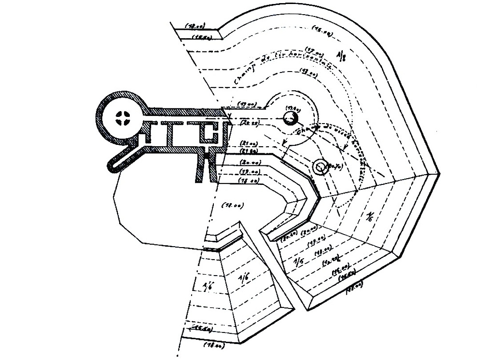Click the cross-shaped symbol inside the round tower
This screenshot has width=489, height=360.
point(121,118)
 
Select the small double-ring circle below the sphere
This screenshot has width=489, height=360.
point(320,167)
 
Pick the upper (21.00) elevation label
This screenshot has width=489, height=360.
point(249,143)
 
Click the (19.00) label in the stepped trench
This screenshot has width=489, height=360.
point(249,172)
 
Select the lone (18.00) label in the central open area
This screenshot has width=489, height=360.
point(232,205)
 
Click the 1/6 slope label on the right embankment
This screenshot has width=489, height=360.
point(370,217)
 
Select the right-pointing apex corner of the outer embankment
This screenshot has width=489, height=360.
point(439,173)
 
